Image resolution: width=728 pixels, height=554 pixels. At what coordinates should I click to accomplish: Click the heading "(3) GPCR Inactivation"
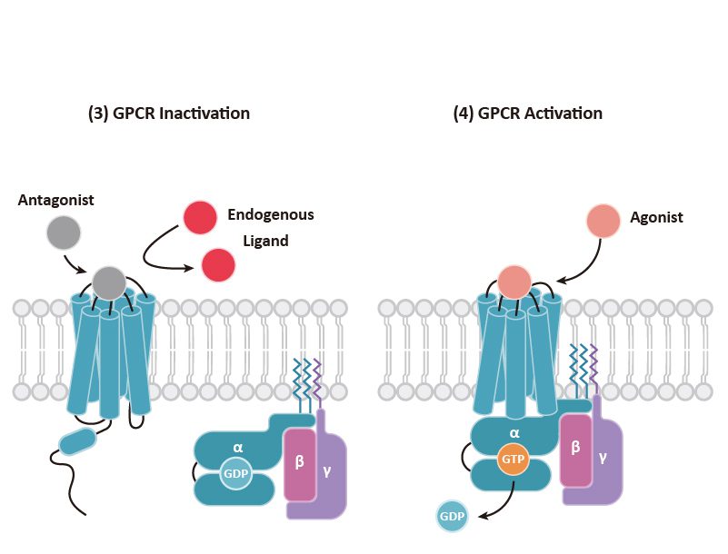point(168,114)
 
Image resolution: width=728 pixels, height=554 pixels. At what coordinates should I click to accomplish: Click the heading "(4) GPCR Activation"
point(527,114)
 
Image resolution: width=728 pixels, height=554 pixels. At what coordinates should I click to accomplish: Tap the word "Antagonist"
point(56,200)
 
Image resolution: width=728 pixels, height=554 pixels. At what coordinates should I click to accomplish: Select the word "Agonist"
point(656,218)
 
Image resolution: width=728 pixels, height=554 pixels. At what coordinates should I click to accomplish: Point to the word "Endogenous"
point(271,215)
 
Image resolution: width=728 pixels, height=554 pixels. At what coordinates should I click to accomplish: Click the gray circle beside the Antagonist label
point(64,233)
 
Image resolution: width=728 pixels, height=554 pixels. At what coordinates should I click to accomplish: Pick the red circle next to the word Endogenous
point(200,218)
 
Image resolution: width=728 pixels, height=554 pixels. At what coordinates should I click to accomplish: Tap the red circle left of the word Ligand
point(218,265)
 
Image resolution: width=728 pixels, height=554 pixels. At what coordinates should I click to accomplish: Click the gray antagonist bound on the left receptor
point(109,282)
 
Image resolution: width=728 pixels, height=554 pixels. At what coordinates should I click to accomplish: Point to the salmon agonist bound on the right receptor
point(514,282)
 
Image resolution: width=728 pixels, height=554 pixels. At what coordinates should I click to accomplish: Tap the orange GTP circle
point(514,460)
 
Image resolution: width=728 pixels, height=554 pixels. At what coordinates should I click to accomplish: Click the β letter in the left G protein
point(299,461)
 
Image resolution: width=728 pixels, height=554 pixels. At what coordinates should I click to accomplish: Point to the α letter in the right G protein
point(514,434)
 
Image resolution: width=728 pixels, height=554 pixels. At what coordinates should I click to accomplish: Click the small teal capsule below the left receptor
point(76,442)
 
